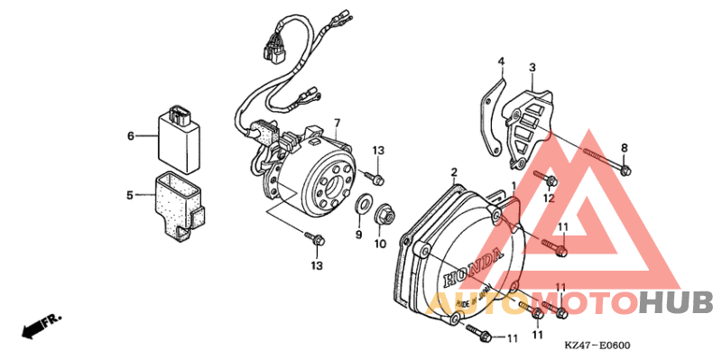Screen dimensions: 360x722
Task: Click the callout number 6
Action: tap(130, 136)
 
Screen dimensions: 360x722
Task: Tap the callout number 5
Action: tap(130, 194)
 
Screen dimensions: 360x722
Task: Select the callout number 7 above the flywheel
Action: tap(337, 124)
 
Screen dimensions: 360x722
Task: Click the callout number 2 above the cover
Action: tap(455, 171)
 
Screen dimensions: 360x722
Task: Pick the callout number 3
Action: tap(532, 68)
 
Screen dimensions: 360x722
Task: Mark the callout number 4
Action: tap(499, 61)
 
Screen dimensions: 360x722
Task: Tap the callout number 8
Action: tap(625, 148)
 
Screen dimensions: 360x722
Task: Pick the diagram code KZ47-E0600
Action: tap(597, 346)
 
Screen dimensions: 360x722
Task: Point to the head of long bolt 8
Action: tap(625, 168)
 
